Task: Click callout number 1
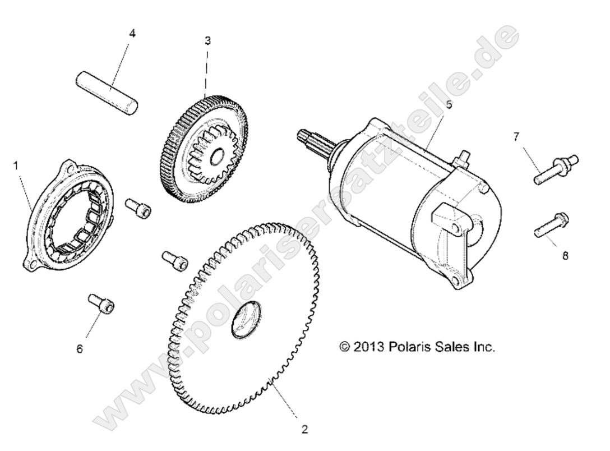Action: (x=16, y=166)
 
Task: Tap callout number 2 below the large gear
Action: (x=304, y=429)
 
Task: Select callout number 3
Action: (x=208, y=40)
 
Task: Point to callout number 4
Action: (x=132, y=34)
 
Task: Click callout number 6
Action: (x=80, y=349)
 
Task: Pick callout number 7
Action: (x=516, y=136)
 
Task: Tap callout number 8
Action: (x=565, y=256)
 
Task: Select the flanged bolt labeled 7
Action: (x=556, y=169)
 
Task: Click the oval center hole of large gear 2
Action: (x=246, y=319)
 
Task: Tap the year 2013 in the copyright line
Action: (x=368, y=346)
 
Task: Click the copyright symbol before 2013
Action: (x=345, y=346)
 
